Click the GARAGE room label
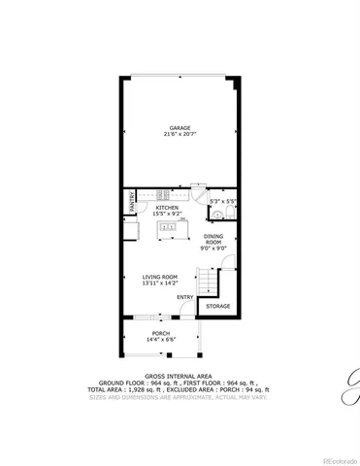pyautogui.click(x=180, y=127)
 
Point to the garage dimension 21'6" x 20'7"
pyautogui.click(x=180, y=134)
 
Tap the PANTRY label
pyautogui.click(x=131, y=201)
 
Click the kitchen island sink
pyautogui.click(x=168, y=228)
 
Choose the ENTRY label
pyautogui.click(x=184, y=297)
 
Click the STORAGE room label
pyautogui.click(x=217, y=306)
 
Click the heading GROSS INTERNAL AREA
pyautogui.click(x=180, y=375)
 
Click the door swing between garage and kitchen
pyautogui.click(x=197, y=189)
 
